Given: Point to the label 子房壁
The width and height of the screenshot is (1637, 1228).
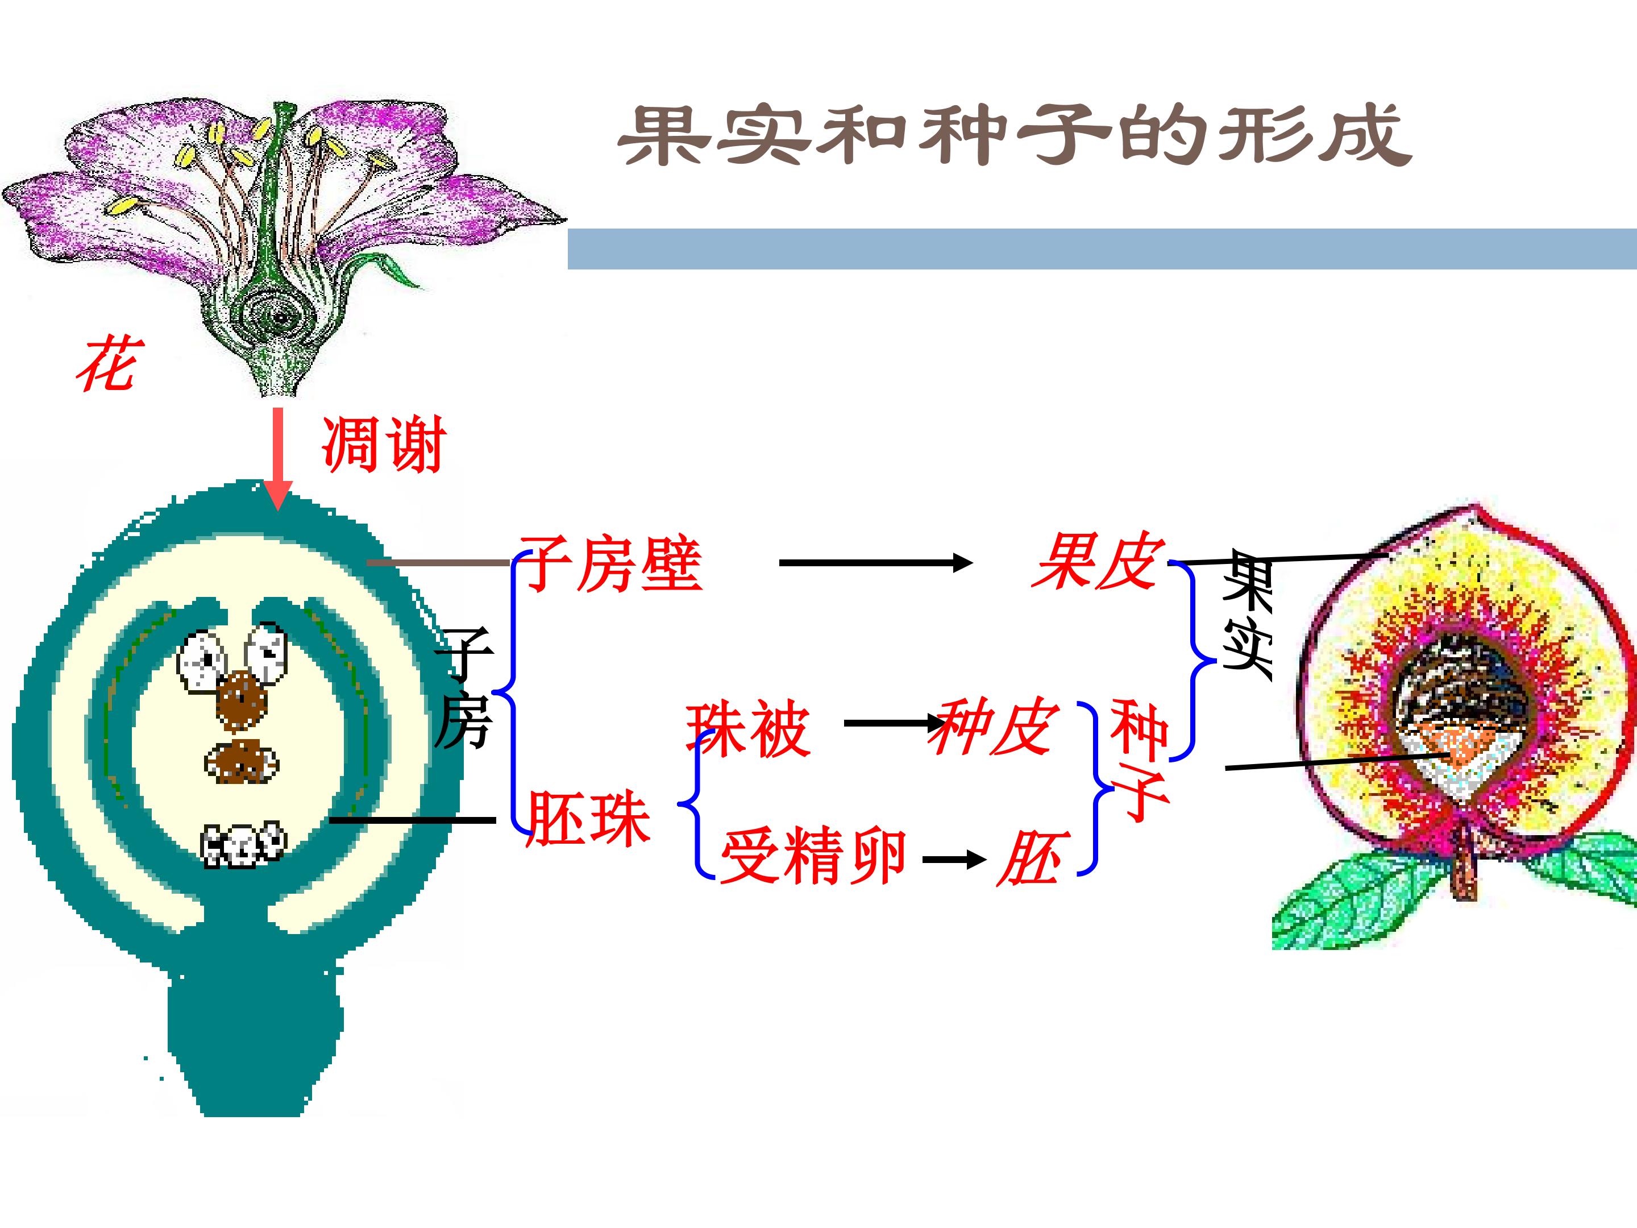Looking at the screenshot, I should click(x=611, y=564).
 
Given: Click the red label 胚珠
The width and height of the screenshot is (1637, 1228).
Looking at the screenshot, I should click(x=589, y=819).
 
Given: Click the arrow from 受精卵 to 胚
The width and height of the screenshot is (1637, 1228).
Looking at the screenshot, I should click(x=955, y=860).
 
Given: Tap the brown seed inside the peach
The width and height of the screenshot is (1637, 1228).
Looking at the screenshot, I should click(x=1458, y=688).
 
